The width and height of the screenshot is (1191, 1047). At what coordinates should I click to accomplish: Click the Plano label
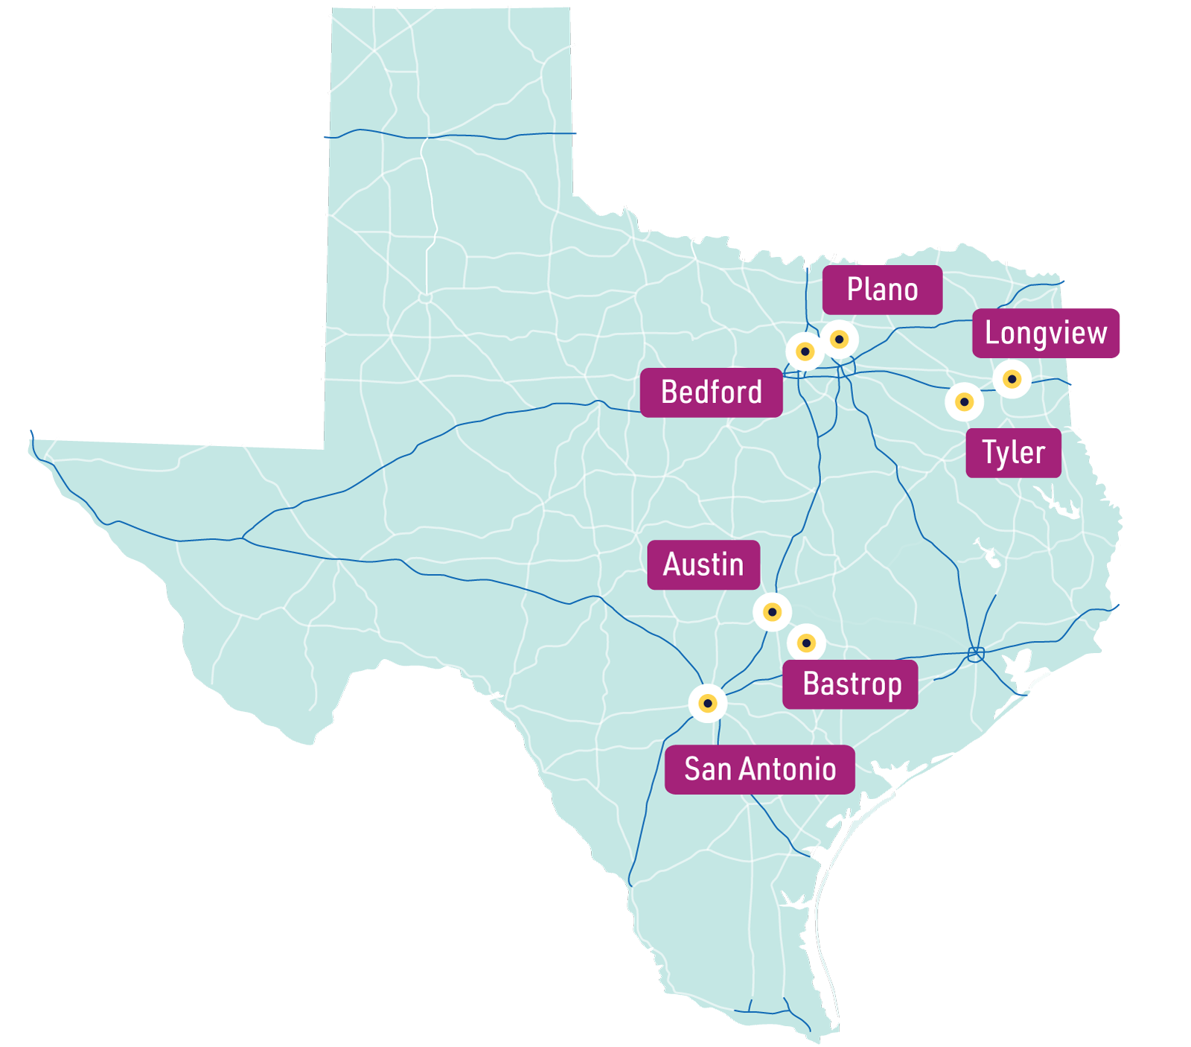pyautogui.click(x=882, y=290)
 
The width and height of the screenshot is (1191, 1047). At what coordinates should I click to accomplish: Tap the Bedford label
pyautogui.click(x=711, y=392)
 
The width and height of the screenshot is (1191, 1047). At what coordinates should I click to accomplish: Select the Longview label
pyautogui.click(x=1045, y=333)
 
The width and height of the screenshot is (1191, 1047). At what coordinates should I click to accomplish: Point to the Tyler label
pyautogui.click(x=1013, y=453)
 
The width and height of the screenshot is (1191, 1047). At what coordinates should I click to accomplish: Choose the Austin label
pyautogui.click(x=703, y=564)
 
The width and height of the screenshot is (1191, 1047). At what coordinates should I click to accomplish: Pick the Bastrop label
pyautogui.click(x=850, y=684)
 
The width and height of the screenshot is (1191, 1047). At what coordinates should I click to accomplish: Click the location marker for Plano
pyautogui.click(x=839, y=340)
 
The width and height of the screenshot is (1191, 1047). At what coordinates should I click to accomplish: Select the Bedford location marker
pyautogui.click(x=805, y=351)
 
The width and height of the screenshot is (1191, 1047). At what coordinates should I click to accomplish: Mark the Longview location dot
pyautogui.click(x=1012, y=379)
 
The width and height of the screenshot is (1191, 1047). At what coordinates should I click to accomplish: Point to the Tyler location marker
pyautogui.click(x=964, y=403)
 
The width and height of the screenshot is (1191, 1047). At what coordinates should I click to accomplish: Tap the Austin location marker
pyautogui.click(x=772, y=612)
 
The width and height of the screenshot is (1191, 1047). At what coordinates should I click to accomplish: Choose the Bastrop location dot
pyautogui.click(x=806, y=643)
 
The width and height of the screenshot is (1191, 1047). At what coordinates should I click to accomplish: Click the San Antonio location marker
pyautogui.click(x=708, y=703)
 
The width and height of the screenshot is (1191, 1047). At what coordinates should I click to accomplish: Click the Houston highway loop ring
pyautogui.click(x=976, y=655)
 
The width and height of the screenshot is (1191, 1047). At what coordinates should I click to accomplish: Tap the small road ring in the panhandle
pyautogui.click(x=425, y=298)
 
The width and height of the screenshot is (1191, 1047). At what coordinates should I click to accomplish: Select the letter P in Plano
pyautogui.click(x=855, y=290)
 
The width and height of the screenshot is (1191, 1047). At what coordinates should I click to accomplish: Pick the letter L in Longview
pyautogui.click(x=992, y=333)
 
